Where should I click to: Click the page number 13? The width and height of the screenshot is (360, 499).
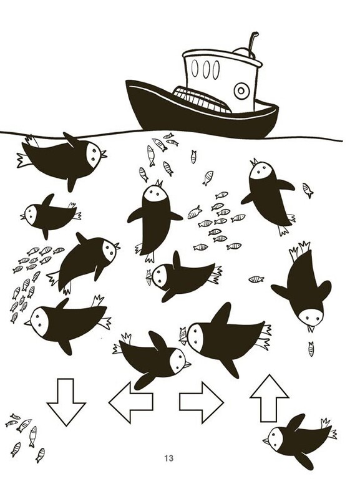168,458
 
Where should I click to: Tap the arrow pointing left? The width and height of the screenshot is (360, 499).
130,402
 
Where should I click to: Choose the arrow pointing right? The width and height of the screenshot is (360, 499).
201,402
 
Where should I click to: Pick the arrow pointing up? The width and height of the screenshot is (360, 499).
270,398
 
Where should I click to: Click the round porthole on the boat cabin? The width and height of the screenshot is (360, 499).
241,91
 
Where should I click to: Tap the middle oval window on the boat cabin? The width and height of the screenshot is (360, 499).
206,69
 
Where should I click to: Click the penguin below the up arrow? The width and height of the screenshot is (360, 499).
299,441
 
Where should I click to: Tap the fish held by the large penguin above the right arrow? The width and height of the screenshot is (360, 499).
183,336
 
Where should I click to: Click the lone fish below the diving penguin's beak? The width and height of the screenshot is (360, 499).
311,349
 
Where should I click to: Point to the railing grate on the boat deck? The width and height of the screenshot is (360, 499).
203,99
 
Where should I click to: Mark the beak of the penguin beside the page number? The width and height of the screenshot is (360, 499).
266,441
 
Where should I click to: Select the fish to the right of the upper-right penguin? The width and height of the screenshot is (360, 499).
308,190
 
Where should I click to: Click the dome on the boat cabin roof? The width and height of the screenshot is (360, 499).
243,52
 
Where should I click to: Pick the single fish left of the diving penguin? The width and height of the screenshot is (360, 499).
256,279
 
